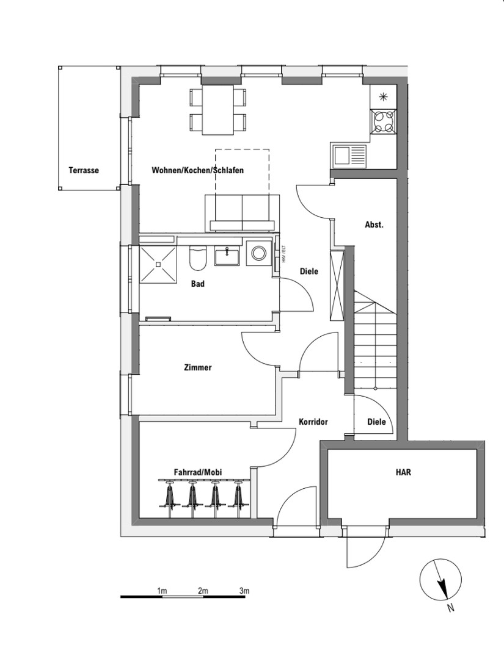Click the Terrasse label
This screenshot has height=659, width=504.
coord(84,171)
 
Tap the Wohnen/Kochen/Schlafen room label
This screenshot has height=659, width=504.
coord(197,171)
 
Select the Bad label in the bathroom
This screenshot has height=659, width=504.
coord(197,284)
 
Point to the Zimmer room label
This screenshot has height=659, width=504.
coord(197,368)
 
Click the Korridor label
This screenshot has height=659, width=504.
coord(313,422)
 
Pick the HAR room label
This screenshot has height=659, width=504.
coord(403,472)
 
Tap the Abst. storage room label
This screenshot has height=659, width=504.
coord(374,225)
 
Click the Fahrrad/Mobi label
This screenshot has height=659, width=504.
coord(197,472)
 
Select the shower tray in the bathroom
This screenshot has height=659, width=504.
coord(159,264)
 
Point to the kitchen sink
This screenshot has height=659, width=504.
coord(349,155)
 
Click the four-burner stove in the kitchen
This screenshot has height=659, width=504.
coord(384,121)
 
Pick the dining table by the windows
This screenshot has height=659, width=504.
coord(218,110)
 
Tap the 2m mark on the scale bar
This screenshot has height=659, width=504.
coord(203,591)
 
